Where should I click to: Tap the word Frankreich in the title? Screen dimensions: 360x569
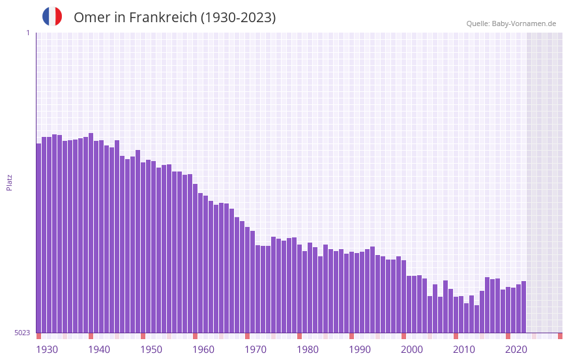(162, 18)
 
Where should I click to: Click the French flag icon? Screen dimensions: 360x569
(52, 17)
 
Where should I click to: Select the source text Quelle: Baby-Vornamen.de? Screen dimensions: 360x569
(511, 23)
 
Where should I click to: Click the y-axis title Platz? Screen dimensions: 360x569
(9, 182)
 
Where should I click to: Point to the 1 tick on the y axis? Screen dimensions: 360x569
(27, 33)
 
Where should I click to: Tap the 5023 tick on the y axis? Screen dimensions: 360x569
(22, 333)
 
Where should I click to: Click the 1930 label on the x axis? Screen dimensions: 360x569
(47, 350)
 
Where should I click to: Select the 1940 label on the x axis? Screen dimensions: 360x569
(99, 350)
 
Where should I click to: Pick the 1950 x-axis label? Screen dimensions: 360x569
(151, 350)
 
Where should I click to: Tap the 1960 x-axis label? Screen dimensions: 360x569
(203, 350)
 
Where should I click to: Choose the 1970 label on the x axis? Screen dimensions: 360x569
(255, 350)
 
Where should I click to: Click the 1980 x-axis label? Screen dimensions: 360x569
(308, 350)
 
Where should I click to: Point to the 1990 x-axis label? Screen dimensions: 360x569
(360, 350)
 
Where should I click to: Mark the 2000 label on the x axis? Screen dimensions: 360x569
(412, 350)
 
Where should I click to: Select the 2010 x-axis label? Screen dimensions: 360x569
(464, 350)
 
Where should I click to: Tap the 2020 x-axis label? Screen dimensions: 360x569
(516, 350)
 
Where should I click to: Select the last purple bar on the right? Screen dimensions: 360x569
(523, 307)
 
